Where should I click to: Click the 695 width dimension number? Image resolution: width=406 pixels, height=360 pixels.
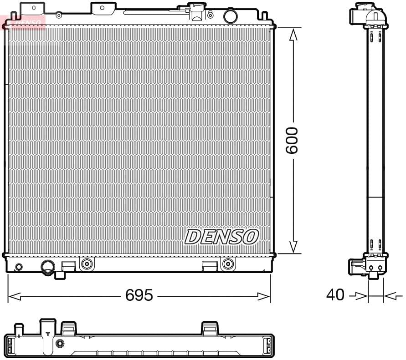139,296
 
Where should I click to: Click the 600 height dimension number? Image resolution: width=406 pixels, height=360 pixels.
292,140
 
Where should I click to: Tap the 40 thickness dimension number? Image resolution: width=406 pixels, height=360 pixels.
335,295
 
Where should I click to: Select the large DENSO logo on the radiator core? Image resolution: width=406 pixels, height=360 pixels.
221,237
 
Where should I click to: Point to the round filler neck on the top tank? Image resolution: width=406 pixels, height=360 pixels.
231,16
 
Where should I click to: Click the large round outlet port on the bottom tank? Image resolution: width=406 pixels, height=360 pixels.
48,267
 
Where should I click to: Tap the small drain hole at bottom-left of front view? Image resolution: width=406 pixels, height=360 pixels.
19,267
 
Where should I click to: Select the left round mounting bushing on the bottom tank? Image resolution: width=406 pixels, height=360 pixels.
87,263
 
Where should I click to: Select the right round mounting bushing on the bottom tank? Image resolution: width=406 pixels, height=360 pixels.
227,263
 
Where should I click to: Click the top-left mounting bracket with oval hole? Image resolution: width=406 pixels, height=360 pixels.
33,8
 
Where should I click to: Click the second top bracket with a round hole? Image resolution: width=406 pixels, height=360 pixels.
102,7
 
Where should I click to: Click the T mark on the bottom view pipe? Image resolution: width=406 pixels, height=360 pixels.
48,333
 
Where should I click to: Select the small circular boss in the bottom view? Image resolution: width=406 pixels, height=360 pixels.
60,343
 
